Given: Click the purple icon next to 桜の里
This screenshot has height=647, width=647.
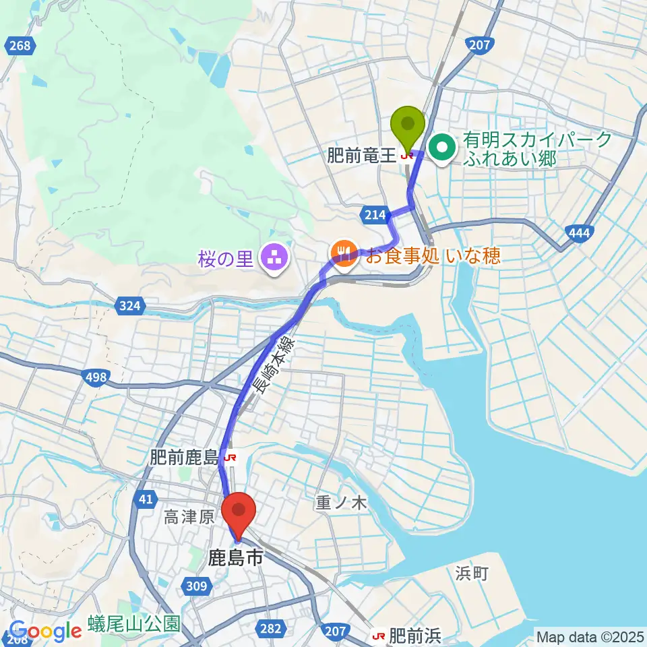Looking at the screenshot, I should click(274, 257).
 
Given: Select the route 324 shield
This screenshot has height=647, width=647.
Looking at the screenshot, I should click(130, 307).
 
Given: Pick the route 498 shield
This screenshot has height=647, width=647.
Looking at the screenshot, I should click(96, 377).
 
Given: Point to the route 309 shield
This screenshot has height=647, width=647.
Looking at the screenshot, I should click(196, 586).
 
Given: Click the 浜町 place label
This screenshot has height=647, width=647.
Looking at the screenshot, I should click(472, 574).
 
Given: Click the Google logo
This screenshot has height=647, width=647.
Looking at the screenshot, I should click(45, 631).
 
